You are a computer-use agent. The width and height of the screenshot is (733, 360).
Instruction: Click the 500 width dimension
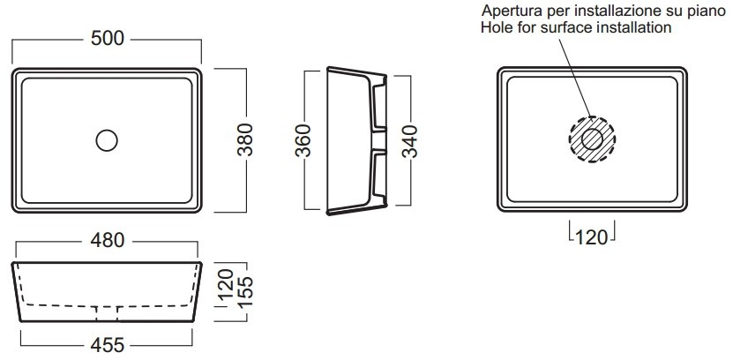coord(108,38)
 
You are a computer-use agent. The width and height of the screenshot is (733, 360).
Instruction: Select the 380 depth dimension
coord(245,139)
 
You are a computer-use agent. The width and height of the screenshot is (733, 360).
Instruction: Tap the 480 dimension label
coord(108,240)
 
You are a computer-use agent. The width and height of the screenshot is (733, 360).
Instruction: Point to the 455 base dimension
coord(108,345)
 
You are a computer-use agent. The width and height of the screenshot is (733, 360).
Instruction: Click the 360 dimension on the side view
coord(303,140)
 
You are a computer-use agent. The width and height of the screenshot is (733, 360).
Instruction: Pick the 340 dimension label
coord(409,142)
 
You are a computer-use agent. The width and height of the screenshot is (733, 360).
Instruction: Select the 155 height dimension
coord(245,291)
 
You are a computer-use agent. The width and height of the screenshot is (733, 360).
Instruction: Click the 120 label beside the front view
coord(226,285)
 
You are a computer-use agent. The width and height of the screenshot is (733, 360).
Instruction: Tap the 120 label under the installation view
coord(592,237)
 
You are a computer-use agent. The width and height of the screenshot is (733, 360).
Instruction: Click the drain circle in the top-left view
coord(107,130)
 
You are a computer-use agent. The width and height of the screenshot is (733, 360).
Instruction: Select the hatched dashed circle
coord(592,116)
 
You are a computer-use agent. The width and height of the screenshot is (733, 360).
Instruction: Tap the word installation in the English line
coord(634,27)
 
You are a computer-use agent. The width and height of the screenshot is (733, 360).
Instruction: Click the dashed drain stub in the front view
coord(107,314)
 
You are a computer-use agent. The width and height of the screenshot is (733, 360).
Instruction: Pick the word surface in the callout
coord(566,27)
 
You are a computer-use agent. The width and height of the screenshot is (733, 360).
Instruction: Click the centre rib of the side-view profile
coord(379,140)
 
